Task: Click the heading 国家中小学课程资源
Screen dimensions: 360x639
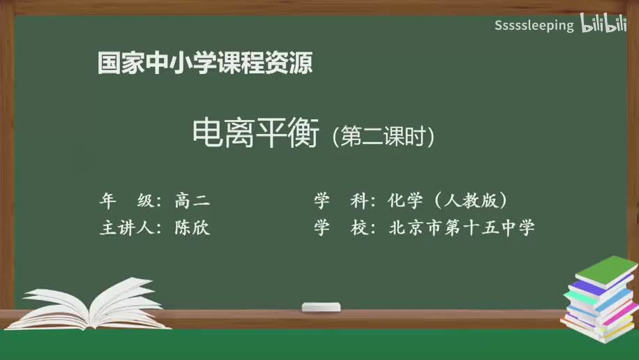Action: tap(205, 64)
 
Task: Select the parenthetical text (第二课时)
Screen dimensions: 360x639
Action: tap(384, 135)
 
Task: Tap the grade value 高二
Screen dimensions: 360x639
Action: tap(193, 201)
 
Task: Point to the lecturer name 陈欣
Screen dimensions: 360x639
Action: tap(193, 227)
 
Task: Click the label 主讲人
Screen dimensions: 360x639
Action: tap(130, 227)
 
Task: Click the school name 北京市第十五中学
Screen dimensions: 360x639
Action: tap(461, 227)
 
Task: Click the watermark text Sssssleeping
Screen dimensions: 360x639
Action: tap(534, 26)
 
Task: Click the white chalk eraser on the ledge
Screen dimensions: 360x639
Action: tap(321, 307)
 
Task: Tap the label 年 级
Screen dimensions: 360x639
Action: tap(130, 201)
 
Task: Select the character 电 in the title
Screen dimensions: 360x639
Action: tap(207, 132)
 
